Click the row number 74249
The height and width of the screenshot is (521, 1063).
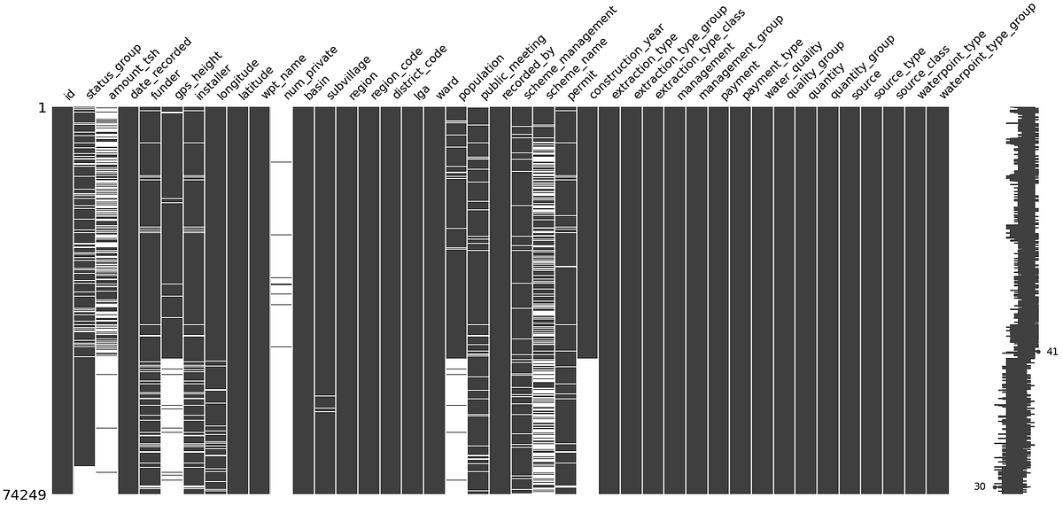point(25,494)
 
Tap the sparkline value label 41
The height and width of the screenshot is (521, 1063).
point(1052,352)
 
